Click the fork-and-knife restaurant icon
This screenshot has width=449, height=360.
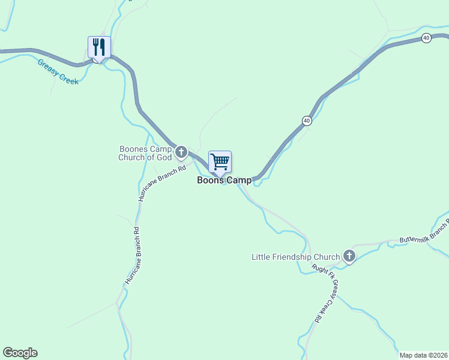point(99,46)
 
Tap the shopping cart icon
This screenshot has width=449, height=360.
point(220,161)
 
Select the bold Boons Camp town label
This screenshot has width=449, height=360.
point(224,180)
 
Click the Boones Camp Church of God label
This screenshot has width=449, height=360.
point(146,153)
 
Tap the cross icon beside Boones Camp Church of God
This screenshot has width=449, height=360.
point(181,152)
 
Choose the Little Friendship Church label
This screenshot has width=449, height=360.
point(295,257)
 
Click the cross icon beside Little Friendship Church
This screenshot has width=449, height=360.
point(349,257)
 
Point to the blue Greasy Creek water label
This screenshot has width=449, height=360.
point(58,71)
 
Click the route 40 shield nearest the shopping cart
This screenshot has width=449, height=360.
point(307,121)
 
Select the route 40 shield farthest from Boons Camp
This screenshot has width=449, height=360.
point(426,38)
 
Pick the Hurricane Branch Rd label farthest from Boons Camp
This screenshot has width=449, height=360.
point(131,255)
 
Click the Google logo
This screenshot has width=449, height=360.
point(20,353)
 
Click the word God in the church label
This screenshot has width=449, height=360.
point(165,157)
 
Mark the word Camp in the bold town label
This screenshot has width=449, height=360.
point(238,180)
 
